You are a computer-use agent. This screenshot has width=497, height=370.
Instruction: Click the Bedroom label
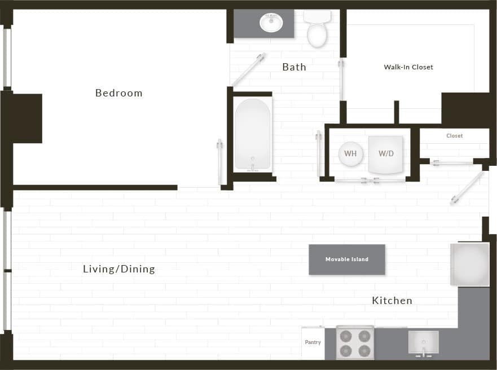click(118, 93)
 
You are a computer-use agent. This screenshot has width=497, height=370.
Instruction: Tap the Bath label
click(294, 67)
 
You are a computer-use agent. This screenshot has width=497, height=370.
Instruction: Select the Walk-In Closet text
click(408, 67)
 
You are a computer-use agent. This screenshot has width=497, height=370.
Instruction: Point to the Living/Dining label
click(118, 269)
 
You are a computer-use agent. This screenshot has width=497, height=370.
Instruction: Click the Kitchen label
click(392, 301)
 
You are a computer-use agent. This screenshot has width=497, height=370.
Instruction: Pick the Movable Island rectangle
click(347, 259)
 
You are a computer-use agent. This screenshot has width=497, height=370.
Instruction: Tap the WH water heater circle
click(350, 154)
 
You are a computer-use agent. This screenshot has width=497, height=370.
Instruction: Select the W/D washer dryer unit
click(386, 154)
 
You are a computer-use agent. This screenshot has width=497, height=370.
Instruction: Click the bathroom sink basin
click(271, 23)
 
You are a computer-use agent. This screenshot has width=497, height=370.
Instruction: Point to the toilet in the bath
click(317, 29)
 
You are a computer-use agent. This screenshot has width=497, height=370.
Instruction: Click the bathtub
click(253, 134)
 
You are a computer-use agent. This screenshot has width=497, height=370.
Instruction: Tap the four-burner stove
click(355, 342)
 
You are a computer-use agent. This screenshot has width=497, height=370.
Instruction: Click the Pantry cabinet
click(313, 342)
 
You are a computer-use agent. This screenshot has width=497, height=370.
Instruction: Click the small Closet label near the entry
click(454, 136)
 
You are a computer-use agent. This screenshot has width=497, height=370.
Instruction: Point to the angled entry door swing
click(467, 188)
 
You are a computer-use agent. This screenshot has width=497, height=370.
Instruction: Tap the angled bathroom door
click(249, 69)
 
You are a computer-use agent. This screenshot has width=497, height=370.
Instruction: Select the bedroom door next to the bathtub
click(219, 162)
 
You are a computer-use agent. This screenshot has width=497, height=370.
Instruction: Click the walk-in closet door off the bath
click(341, 80)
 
